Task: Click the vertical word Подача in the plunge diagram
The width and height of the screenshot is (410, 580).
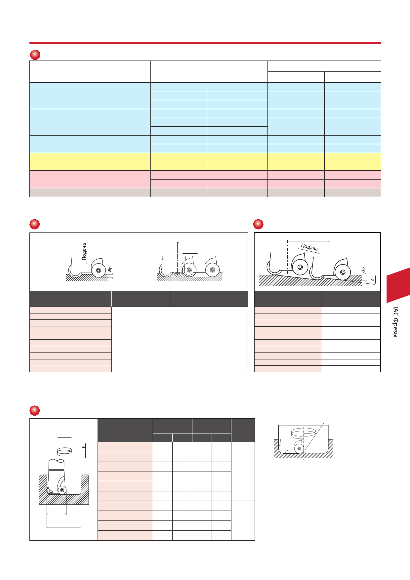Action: [x=84, y=252]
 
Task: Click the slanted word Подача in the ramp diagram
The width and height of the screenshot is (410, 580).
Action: [x=309, y=247]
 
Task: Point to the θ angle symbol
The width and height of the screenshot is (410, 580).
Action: [x=373, y=280]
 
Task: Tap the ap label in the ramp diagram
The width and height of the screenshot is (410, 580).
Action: [x=363, y=270]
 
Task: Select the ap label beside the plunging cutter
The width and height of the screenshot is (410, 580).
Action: [x=110, y=269]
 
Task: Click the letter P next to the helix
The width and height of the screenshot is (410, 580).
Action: [x=83, y=447]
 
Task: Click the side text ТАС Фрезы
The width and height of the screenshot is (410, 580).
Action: [x=395, y=321]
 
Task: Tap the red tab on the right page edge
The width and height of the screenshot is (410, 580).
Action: [x=398, y=285]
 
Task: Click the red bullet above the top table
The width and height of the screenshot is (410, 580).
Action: [x=35, y=55]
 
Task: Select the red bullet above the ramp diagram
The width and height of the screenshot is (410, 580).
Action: [x=258, y=224]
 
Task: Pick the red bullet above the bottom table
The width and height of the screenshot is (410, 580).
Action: [x=34, y=410]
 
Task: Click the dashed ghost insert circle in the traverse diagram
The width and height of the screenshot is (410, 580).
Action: [x=189, y=270]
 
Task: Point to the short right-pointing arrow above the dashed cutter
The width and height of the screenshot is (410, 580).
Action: [x=190, y=253]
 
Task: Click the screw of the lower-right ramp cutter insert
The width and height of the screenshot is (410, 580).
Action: [x=343, y=272]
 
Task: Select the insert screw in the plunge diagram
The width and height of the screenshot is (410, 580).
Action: [x=99, y=270]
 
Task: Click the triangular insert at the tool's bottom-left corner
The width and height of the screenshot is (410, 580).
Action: [x=50, y=491]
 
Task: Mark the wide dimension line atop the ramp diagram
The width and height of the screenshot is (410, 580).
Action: [x=309, y=241]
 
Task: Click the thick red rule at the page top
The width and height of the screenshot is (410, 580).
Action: [x=205, y=43]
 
